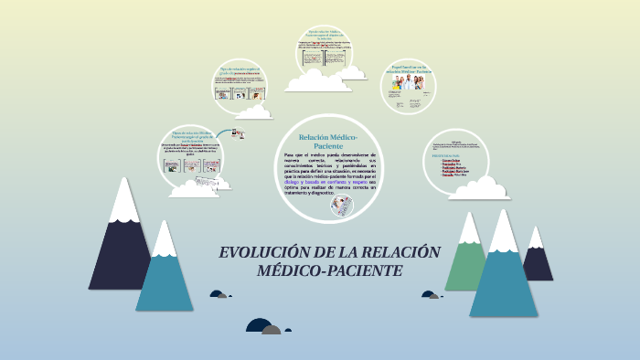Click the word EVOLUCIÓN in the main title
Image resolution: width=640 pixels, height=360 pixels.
click(x=261, y=253)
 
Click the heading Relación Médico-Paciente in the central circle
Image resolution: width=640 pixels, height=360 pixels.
click(x=327, y=141)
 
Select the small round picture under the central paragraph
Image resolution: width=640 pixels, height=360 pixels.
click(x=342, y=206)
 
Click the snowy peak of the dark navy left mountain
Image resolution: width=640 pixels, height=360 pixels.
click(x=123, y=196)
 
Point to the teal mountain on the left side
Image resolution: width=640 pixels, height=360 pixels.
click(x=165, y=274)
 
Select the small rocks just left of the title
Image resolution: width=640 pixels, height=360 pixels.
click(x=219, y=294)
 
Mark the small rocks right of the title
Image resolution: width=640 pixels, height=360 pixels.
click(x=431, y=294)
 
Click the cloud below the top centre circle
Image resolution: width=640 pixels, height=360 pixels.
click(x=317, y=82)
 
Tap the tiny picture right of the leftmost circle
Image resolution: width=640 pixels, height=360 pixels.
click(x=238, y=133)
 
